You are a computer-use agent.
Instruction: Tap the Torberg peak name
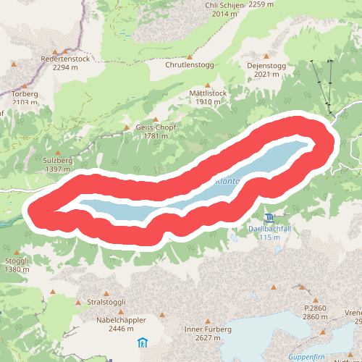point(24,94)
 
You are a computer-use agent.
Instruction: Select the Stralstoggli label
point(106,302)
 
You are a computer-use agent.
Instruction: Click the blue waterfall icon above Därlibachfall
point(269,218)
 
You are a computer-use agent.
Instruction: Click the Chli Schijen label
point(222,4)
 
